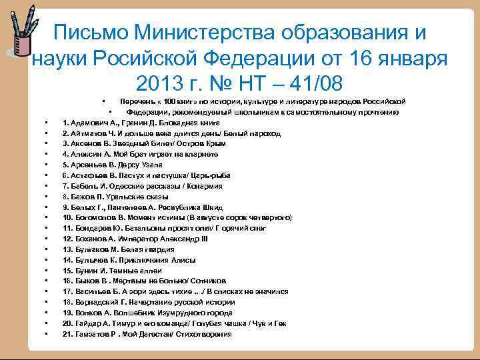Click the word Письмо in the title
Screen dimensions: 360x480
point(89,33)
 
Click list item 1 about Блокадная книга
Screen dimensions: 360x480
point(141,123)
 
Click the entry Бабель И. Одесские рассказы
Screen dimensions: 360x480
point(142,185)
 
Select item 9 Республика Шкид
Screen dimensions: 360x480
point(142,207)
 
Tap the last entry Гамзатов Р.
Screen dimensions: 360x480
point(147,333)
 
